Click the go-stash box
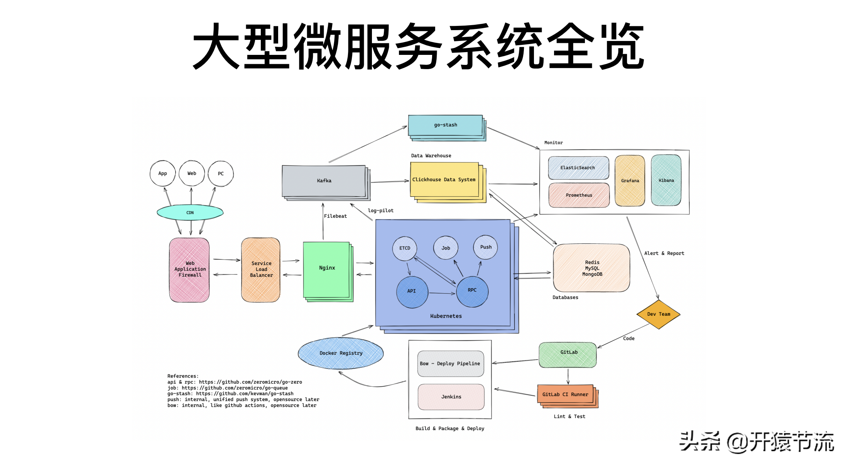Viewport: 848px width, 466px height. [x=445, y=125]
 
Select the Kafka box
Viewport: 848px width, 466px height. [x=324, y=181]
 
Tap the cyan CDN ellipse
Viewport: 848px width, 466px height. [x=190, y=213]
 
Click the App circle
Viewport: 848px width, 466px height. [x=162, y=173]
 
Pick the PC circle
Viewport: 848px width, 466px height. [x=221, y=173]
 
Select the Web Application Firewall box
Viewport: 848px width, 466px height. [x=189, y=269]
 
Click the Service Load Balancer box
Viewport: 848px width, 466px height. [x=261, y=269]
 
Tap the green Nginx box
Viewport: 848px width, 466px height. [x=327, y=268]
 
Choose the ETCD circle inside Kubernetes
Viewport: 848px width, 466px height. [x=404, y=248]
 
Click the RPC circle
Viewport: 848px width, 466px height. [x=472, y=291]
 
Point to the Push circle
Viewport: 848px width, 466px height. [x=485, y=247]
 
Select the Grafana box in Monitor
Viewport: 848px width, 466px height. [x=630, y=180]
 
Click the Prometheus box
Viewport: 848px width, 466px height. [x=579, y=195]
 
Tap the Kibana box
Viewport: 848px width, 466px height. [x=666, y=180]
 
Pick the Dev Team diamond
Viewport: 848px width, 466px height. [x=658, y=314]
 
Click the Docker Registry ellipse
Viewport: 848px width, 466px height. [x=341, y=353]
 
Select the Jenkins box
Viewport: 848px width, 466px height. [x=451, y=397]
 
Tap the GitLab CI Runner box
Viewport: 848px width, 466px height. [x=565, y=395]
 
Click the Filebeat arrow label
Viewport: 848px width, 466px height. [x=335, y=216]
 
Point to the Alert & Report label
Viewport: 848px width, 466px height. [x=664, y=253]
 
